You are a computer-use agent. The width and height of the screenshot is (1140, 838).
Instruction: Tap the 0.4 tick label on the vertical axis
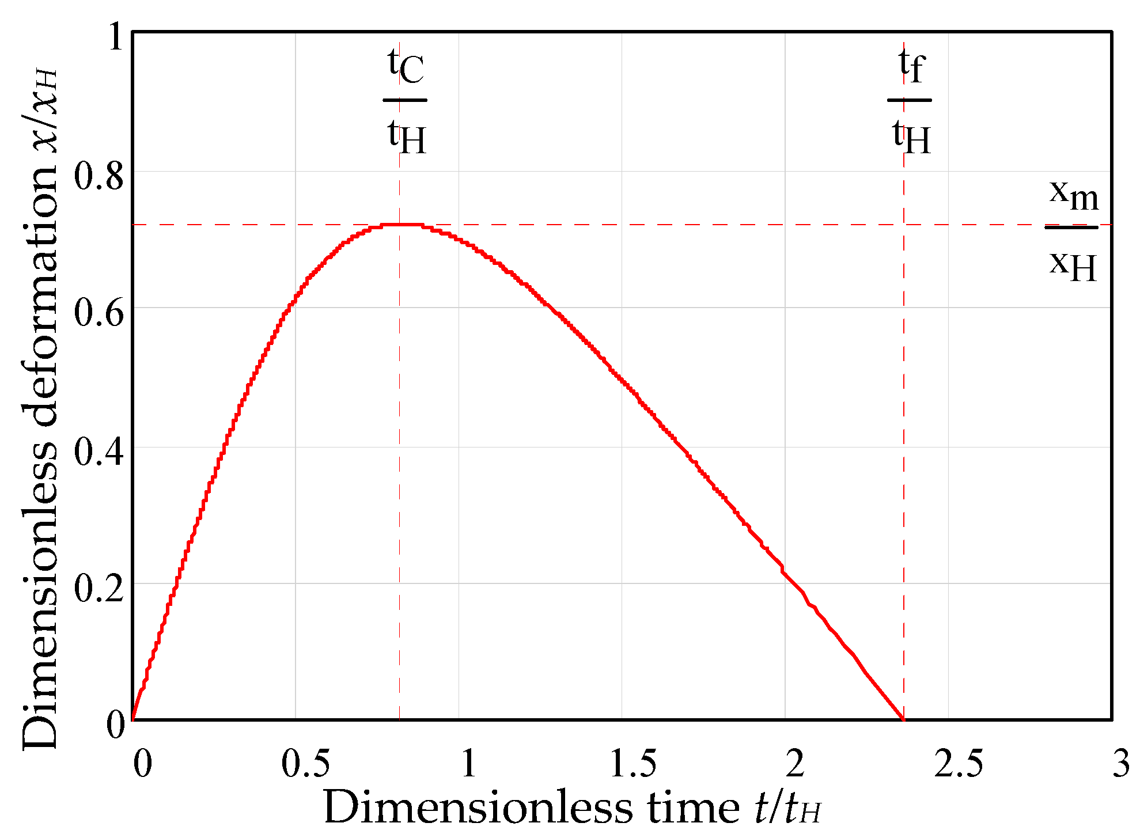tap(99, 452)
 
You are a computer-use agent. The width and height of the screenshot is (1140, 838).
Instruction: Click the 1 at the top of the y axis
tap(116, 37)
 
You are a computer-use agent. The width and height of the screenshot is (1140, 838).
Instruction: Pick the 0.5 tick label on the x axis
tap(305, 764)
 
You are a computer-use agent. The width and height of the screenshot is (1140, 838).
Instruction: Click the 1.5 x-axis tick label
tap(633, 764)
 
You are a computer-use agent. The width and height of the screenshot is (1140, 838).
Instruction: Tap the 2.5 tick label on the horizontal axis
tap(959, 764)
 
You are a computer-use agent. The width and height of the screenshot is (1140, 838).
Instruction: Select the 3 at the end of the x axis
tap(1121, 764)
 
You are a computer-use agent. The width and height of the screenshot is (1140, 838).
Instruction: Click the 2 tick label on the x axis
tap(796, 764)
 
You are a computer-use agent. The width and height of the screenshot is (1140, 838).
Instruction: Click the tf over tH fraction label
tap(911, 101)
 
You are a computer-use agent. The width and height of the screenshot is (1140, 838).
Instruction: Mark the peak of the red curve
tap(402, 225)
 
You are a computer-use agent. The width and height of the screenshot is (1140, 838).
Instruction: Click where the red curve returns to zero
tap(902, 719)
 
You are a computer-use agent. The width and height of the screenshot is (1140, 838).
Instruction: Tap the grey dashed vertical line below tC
tap(400, 461)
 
